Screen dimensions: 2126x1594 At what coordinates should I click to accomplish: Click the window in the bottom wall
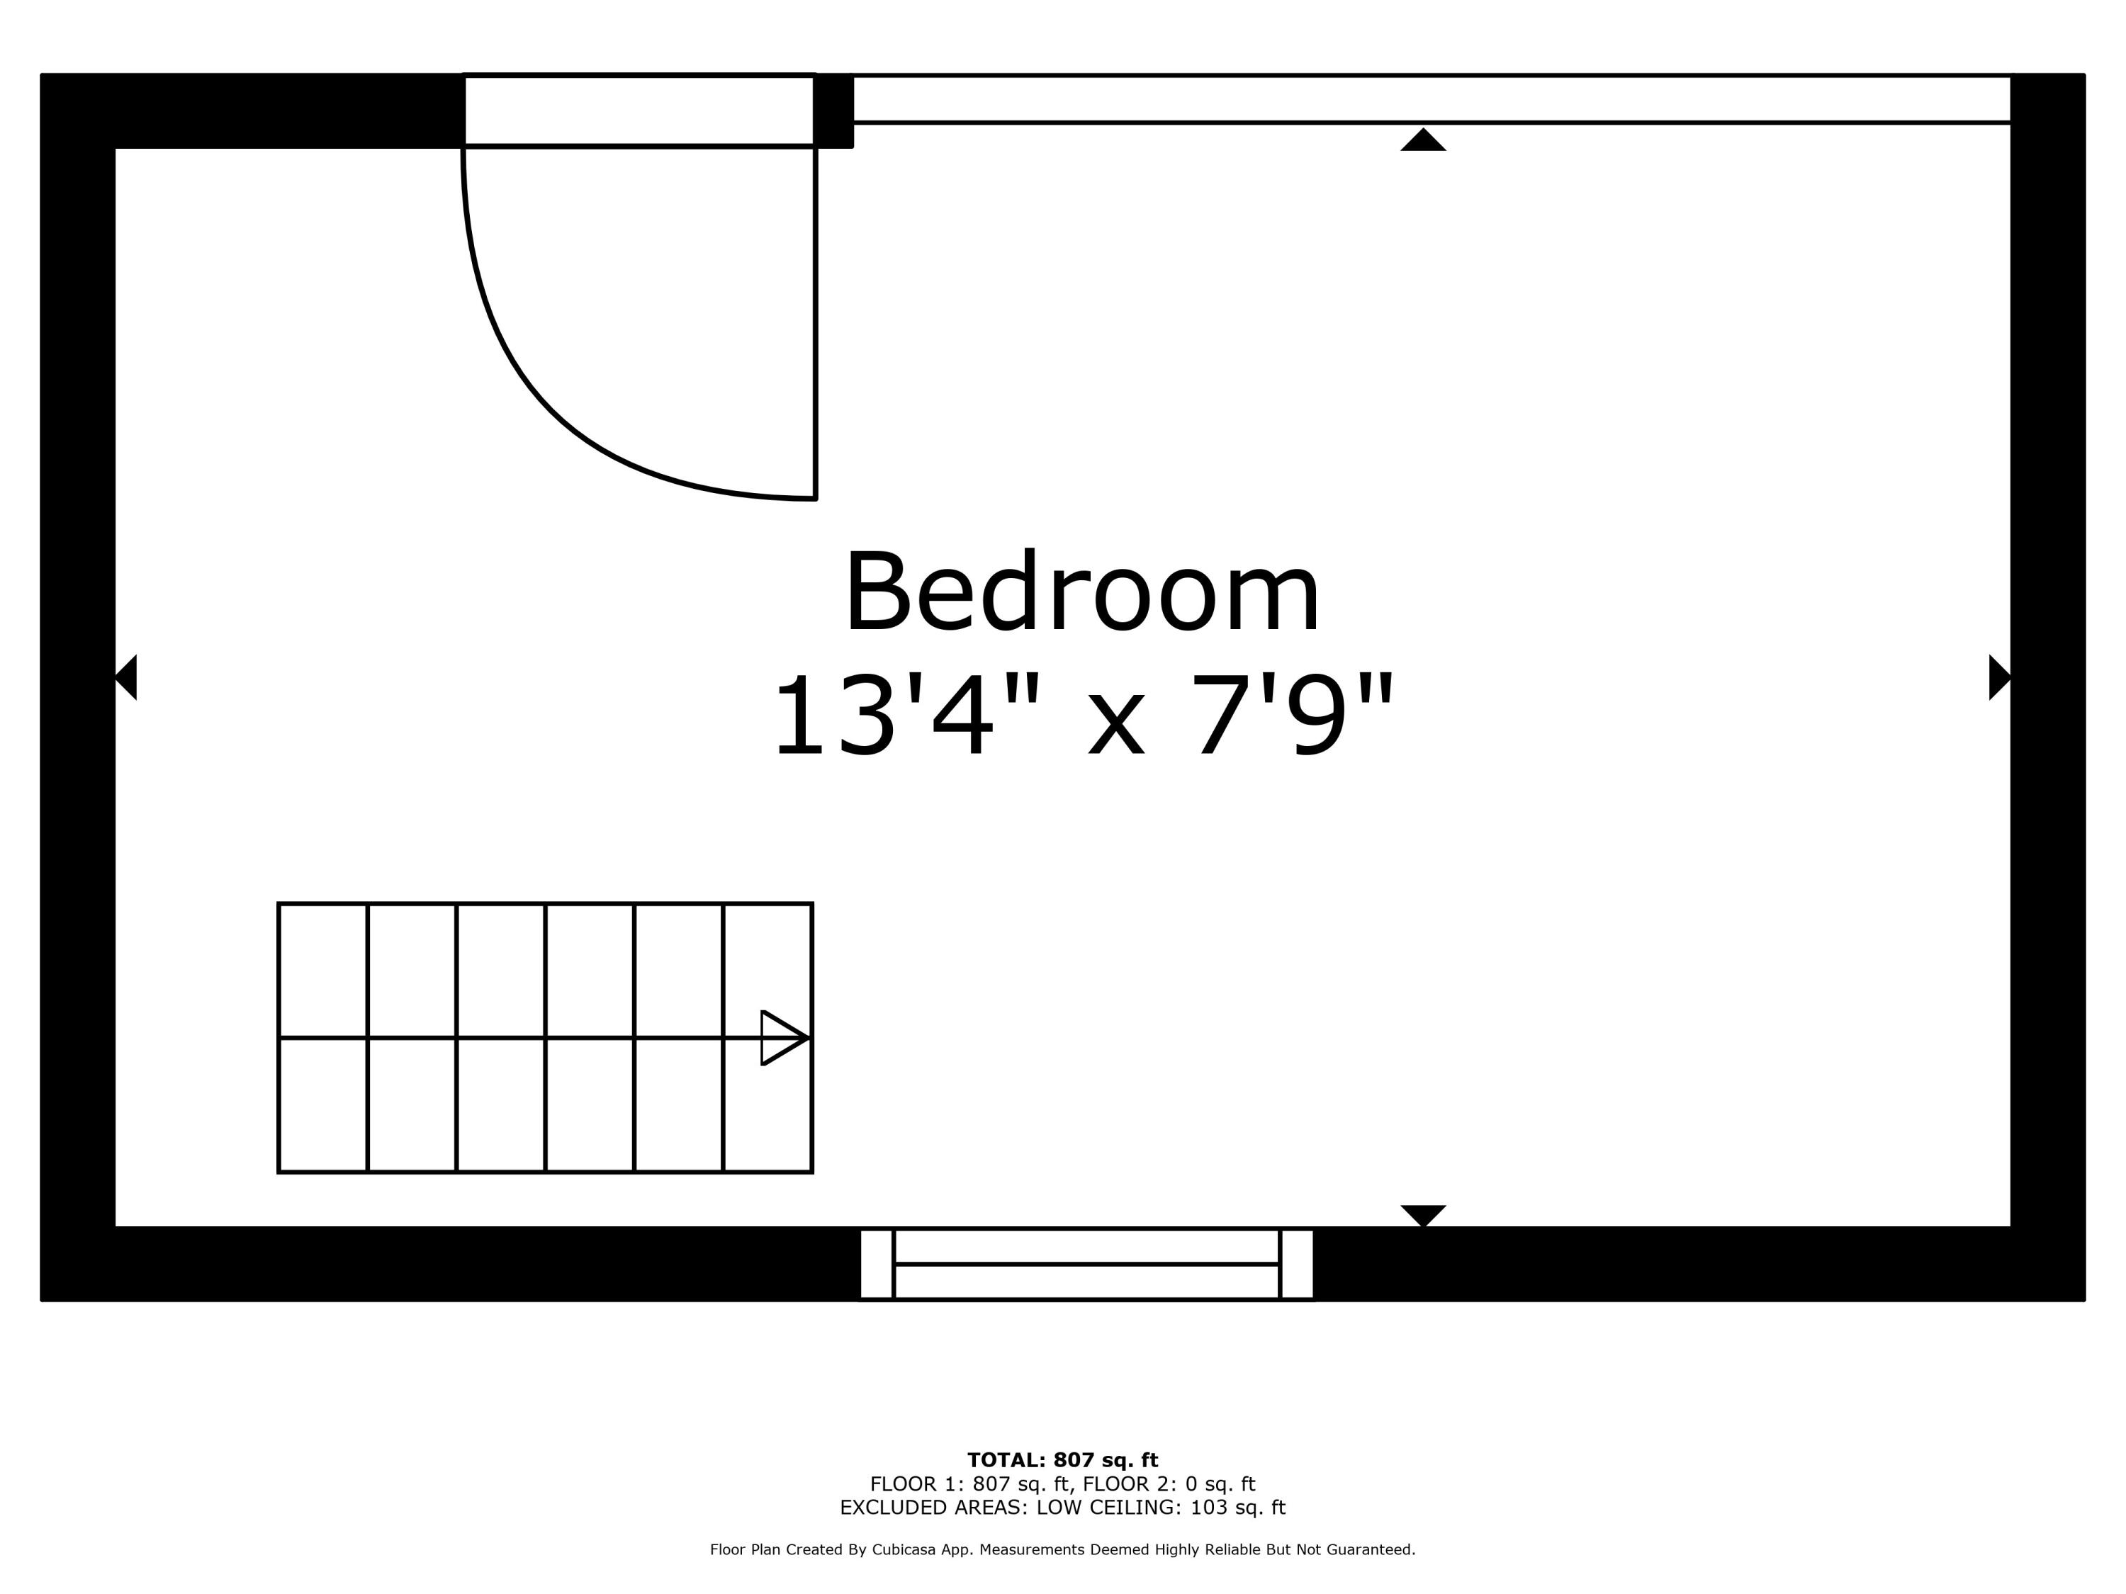[1086, 1263]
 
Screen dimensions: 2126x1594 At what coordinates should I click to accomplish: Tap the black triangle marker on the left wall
[126, 677]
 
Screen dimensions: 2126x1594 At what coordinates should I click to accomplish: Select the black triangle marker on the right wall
[2000, 677]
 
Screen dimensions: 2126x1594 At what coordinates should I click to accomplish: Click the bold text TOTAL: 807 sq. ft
[1063, 1460]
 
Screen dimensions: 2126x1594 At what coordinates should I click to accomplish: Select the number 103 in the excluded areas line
[1208, 1508]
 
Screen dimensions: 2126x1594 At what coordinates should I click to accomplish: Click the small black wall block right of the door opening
[833, 111]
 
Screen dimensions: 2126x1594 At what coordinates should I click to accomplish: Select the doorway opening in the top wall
[639, 111]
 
